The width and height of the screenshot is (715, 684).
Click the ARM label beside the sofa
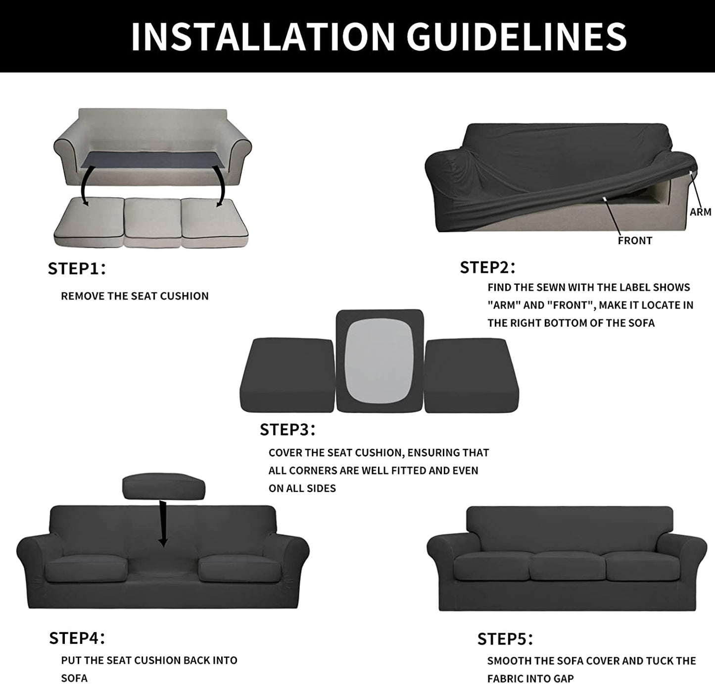pos(701,212)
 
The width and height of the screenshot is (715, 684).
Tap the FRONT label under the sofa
pos(635,241)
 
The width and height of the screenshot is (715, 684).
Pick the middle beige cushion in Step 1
pos(152,222)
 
